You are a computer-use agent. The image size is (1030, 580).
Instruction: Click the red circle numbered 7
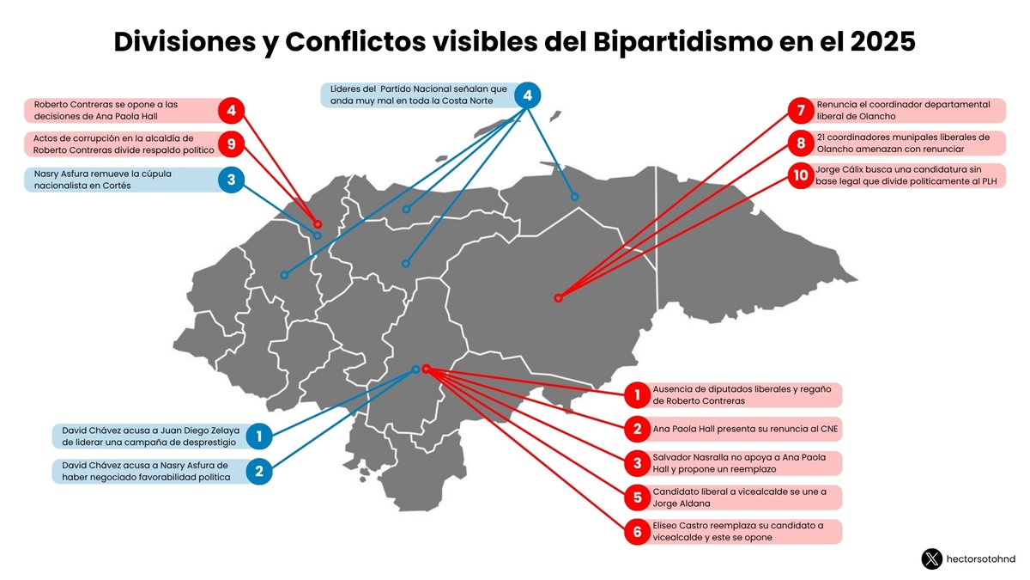(800, 110)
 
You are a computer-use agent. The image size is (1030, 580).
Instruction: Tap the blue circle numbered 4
(528, 95)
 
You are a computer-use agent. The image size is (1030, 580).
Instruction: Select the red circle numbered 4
(231, 110)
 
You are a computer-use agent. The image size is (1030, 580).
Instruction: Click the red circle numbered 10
(800, 175)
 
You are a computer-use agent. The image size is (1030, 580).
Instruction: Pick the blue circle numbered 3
(231, 180)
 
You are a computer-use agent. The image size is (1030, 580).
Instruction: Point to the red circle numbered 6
(637, 532)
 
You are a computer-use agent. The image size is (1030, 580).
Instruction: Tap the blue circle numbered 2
(258, 471)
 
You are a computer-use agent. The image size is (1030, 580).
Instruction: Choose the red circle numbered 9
(231, 143)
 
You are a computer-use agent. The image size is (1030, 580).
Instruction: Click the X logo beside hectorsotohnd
(931, 559)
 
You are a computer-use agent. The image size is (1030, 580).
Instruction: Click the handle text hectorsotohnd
(980, 559)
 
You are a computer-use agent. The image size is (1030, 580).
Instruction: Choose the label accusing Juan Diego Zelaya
(148, 436)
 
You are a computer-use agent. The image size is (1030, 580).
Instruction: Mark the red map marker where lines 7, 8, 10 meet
(558, 298)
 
